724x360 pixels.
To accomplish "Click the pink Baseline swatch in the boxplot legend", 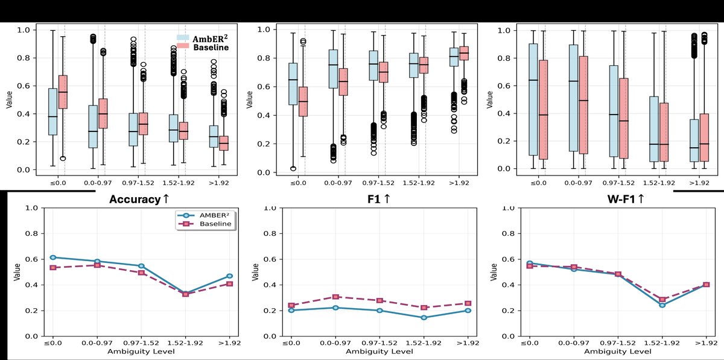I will click(x=182, y=47).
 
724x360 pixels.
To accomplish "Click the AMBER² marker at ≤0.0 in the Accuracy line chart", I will click(x=53, y=257).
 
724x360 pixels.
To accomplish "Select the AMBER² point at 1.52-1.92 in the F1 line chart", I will click(x=423, y=318).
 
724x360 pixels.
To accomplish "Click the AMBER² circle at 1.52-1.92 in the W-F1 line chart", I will click(x=656, y=305).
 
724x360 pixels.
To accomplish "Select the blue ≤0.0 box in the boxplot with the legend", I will click(x=52, y=112).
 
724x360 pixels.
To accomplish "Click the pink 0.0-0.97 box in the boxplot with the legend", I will click(x=103, y=113).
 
